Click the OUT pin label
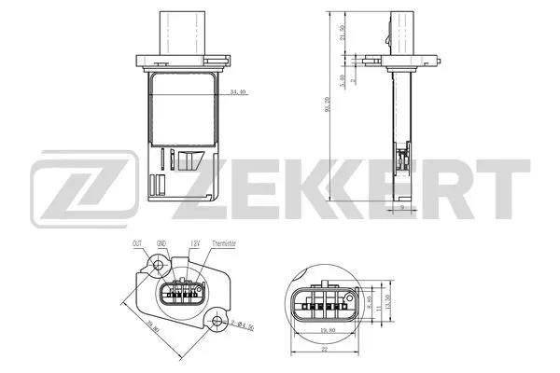[x=137, y=243]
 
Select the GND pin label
[x=162, y=243]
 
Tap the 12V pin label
[x=195, y=243]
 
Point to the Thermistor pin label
[x=225, y=243]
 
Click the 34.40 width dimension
[x=238, y=91]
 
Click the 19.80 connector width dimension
[x=327, y=330]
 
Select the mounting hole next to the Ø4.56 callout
[x=217, y=322]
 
